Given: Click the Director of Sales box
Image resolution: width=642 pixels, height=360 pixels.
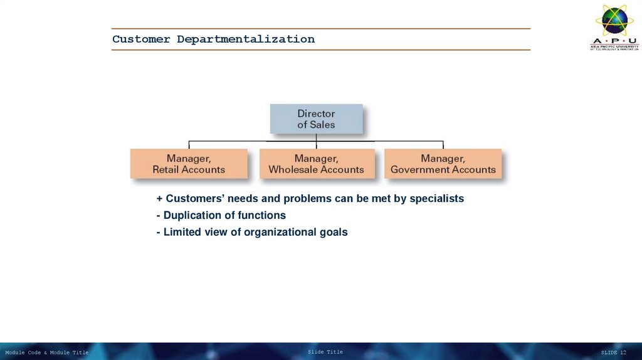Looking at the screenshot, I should tap(316, 119).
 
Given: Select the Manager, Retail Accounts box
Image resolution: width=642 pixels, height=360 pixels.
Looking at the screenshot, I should tap(189, 164).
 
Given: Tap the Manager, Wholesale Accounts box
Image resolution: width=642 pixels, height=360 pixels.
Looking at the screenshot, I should tap(316, 164).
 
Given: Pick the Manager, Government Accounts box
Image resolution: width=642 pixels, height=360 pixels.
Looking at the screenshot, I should tap(443, 164).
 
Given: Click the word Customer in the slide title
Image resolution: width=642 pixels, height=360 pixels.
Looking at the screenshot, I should tap(141, 39).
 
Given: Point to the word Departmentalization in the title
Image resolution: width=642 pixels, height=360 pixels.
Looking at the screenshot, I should tap(246, 39).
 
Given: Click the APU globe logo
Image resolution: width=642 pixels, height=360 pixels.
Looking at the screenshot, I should tap(614, 21).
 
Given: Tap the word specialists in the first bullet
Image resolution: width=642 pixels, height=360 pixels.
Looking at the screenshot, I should tap(436, 199).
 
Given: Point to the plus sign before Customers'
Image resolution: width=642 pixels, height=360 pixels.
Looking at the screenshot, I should tap(160, 199).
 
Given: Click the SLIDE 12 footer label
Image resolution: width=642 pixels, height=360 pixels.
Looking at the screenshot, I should tap(613, 352).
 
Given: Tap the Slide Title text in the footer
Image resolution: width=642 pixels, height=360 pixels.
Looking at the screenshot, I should tap(325, 352).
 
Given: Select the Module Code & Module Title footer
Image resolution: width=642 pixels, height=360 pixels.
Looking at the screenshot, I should tap(46, 352).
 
